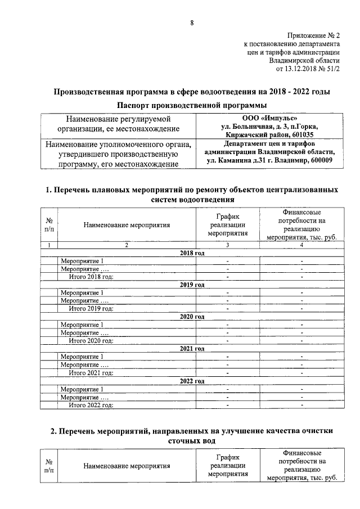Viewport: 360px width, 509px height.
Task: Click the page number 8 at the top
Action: point(191,23)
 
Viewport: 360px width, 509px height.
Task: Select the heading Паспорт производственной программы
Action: point(191,106)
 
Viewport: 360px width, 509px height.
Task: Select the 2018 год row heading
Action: point(191,254)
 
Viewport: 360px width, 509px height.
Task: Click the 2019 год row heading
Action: point(191,285)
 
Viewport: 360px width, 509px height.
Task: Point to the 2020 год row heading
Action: point(191,317)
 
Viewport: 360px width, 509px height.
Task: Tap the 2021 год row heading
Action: point(191,349)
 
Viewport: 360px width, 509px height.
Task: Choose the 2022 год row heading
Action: point(191,381)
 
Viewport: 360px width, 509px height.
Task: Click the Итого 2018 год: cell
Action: point(91,276)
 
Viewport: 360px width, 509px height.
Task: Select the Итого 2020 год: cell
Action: point(91,340)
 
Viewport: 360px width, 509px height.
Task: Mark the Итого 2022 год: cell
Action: point(91,404)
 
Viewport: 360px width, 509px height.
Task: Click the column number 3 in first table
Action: point(227,245)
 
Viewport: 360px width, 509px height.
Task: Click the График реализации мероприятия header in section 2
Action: point(227,466)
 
